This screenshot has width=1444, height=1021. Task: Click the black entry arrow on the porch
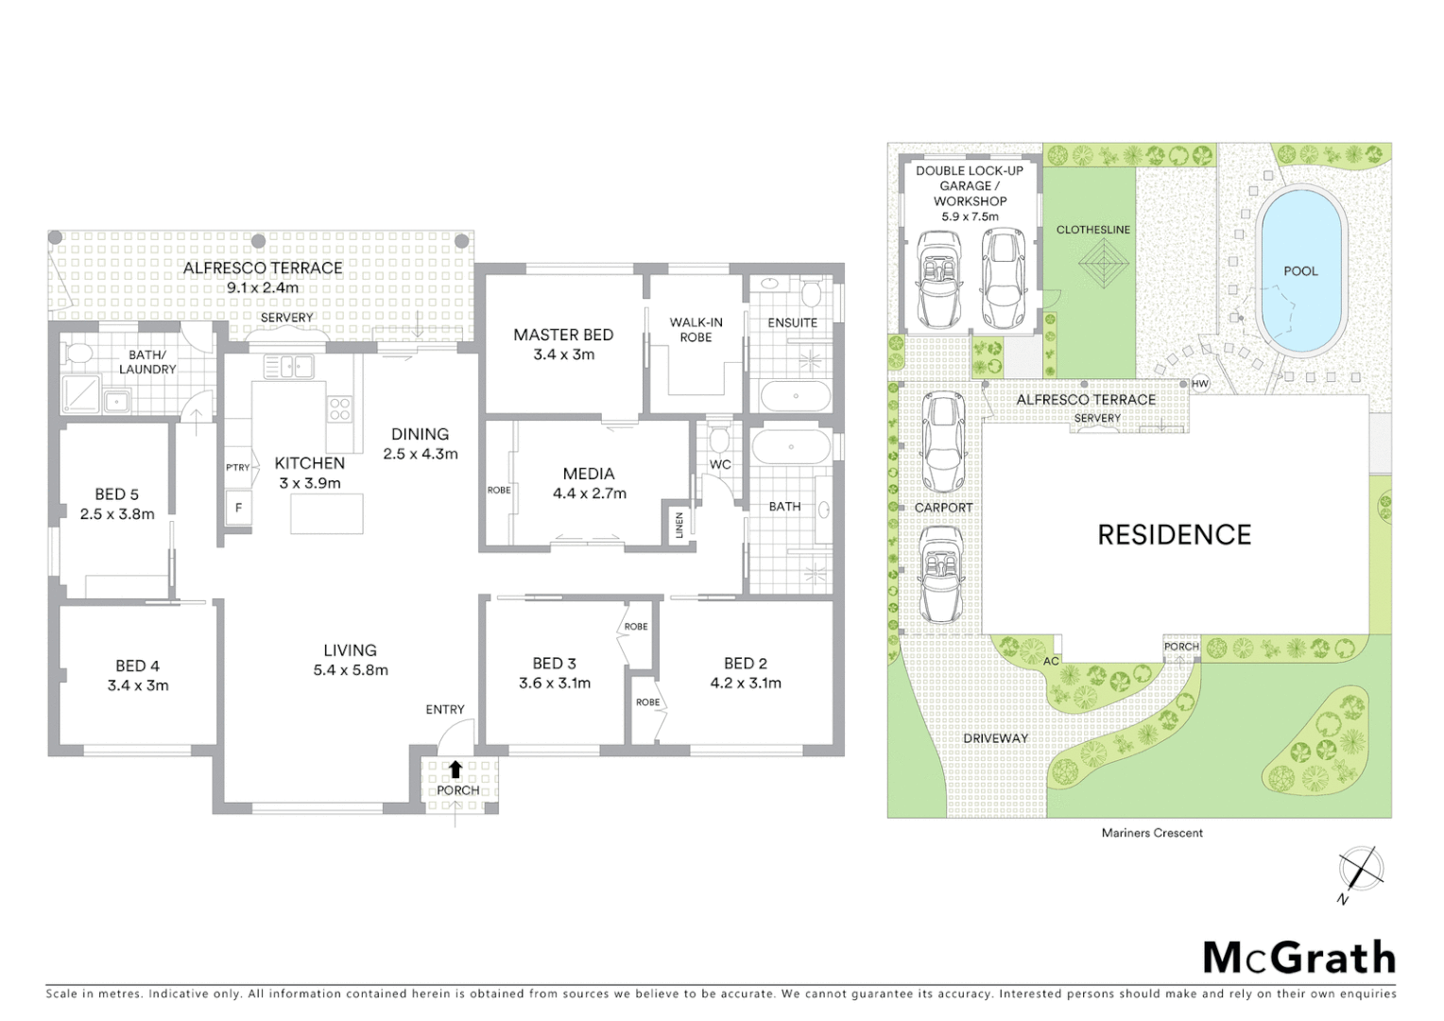456,769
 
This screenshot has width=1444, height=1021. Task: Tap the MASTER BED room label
563,335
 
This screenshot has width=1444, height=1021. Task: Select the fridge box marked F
238,508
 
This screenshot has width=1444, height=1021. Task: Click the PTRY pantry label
237,467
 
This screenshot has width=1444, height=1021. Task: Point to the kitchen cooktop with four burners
339,408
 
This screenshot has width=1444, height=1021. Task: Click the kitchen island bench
327,513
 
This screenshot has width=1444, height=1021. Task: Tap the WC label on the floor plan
720,464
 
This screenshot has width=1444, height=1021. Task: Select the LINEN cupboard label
679,526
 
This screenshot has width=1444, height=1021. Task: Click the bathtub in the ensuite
795,396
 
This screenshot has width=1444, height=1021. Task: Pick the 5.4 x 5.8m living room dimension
351,670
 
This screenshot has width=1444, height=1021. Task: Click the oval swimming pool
1300,270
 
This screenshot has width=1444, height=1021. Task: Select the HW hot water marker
1199,384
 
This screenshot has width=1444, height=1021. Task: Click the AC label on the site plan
1051,661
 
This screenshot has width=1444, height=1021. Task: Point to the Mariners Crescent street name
1152,833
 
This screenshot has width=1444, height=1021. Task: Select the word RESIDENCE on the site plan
1174,534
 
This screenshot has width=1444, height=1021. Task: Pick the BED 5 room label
116,493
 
